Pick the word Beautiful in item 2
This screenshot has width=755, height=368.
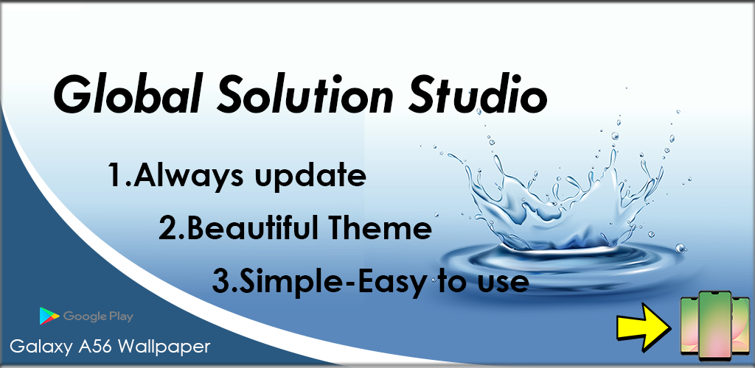(x=251, y=229)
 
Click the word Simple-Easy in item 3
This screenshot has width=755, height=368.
(x=332, y=282)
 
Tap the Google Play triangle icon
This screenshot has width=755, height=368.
(x=49, y=316)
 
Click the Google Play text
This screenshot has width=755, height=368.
(x=98, y=316)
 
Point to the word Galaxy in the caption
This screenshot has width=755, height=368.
(x=41, y=347)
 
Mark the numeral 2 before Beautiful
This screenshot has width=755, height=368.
(x=168, y=229)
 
